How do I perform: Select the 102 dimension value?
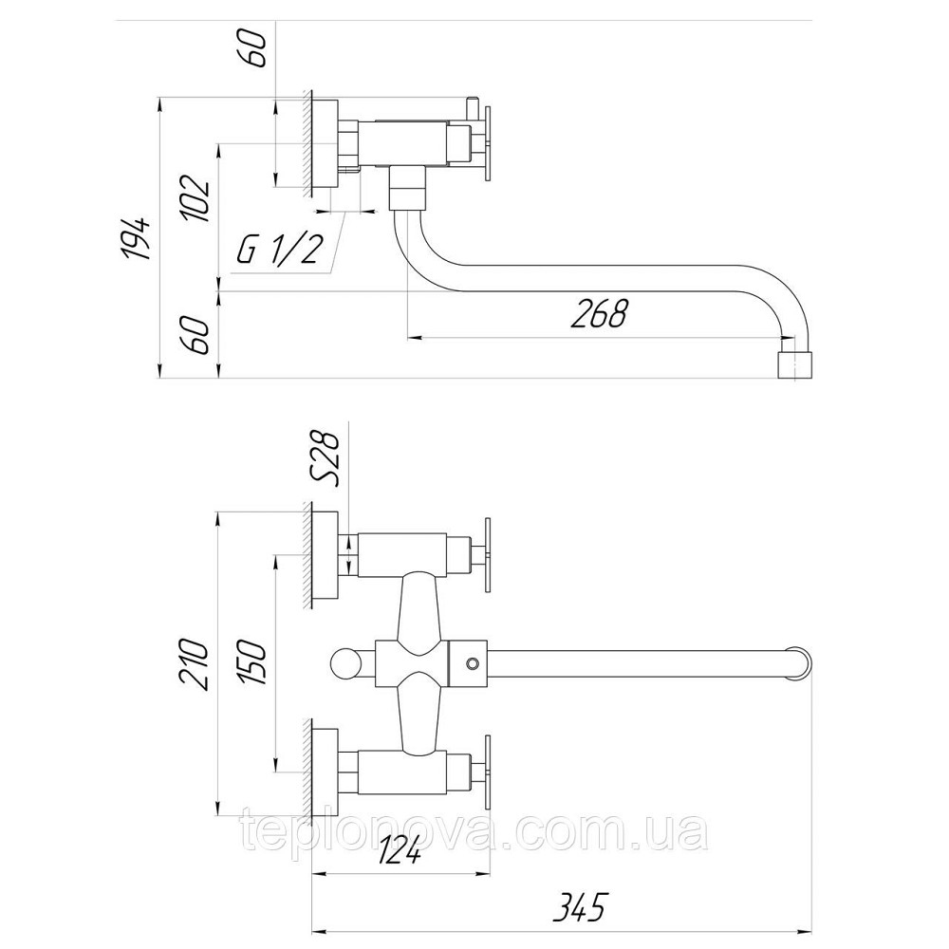tap(195, 199)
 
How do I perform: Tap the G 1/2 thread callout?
tap(278, 248)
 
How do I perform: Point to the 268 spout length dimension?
tap(598, 312)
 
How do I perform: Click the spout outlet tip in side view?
tap(794, 365)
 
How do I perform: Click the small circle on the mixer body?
tap(471, 664)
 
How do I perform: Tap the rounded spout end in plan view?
tap(800, 664)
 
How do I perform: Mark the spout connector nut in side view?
tap(407, 187)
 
